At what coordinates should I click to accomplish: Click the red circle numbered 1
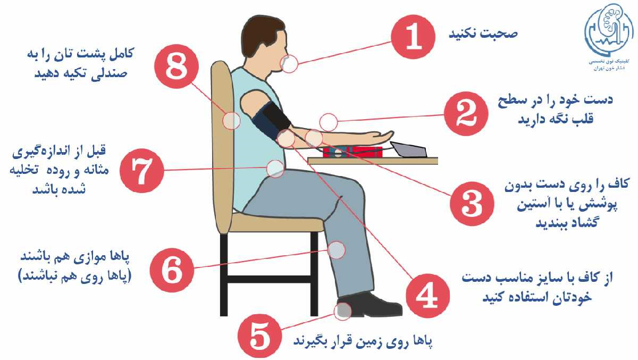click(413, 37)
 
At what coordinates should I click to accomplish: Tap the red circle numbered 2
click(466, 114)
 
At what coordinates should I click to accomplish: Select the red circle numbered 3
click(472, 204)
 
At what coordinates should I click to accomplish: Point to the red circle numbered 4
click(427, 296)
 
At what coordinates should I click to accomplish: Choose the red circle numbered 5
click(259, 336)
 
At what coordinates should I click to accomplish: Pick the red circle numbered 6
click(172, 270)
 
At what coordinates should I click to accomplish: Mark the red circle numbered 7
click(142, 171)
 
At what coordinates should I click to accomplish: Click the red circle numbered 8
click(177, 66)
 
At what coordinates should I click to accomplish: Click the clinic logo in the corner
click(609, 37)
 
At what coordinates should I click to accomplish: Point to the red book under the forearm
click(352, 152)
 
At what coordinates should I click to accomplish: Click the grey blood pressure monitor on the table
click(409, 149)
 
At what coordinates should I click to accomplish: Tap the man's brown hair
click(261, 34)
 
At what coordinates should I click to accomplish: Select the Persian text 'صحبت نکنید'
click(483, 34)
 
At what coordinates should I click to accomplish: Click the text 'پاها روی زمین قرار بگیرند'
click(363, 341)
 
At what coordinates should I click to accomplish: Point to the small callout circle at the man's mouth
click(289, 64)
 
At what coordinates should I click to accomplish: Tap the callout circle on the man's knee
click(337, 250)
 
